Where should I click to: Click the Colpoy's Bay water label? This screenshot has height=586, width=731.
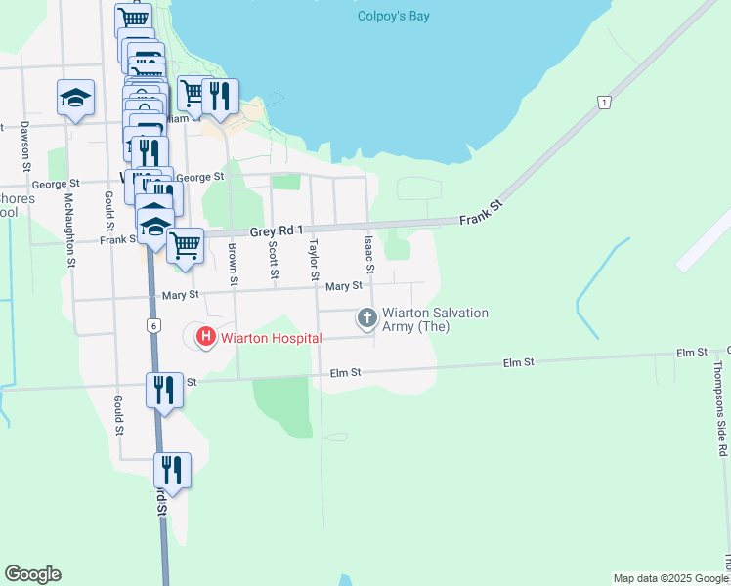pyautogui.click(x=393, y=16)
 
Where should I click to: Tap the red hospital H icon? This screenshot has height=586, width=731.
pyautogui.click(x=206, y=338)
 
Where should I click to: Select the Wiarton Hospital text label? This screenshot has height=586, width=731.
pyautogui.click(x=271, y=338)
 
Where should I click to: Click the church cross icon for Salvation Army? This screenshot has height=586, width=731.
pyautogui.click(x=367, y=316)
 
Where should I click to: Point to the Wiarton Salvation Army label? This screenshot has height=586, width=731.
pyautogui.click(x=435, y=319)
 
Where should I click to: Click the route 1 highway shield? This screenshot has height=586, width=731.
pyautogui.click(x=605, y=102)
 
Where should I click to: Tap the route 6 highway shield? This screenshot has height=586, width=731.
pyautogui.click(x=154, y=325)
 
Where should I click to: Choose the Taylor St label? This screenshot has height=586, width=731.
pyautogui.click(x=315, y=260)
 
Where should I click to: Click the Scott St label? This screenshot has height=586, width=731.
pyautogui.click(x=273, y=260)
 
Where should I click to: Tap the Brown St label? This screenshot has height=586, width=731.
pyautogui.click(x=234, y=263)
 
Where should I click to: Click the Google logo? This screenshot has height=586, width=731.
pyautogui.click(x=32, y=574)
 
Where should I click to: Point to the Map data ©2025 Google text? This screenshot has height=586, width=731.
pyautogui.click(x=668, y=578)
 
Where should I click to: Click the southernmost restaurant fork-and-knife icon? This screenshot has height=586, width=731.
pyautogui.click(x=172, y=470)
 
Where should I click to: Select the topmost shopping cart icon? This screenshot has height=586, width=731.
pyautogui.click(x=133, y=19)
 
